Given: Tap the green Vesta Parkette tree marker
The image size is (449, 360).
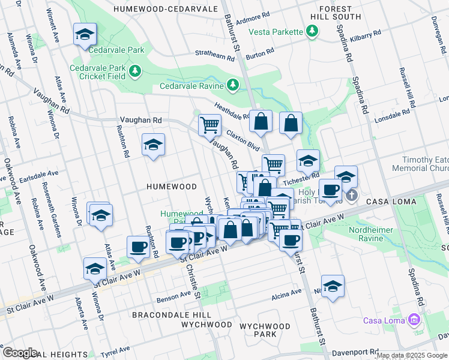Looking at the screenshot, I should point(312,31).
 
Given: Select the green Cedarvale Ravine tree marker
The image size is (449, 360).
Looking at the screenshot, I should point(234,86).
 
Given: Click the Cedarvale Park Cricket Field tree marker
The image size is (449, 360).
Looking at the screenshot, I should point(135,71).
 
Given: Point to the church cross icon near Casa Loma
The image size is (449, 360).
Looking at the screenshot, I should point(352,194).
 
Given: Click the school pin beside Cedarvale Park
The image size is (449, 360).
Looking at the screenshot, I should point(85,35).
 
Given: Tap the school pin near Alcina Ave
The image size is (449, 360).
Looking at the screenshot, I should point(332,287).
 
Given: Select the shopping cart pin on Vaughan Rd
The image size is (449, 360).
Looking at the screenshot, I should point(209,125).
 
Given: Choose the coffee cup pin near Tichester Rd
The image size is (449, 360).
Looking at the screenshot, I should point(330,190).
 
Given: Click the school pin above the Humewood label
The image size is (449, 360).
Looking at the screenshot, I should point(154,145).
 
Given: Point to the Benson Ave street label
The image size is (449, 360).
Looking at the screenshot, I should point(173,297).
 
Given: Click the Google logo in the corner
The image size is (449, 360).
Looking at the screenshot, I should point(20,352).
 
